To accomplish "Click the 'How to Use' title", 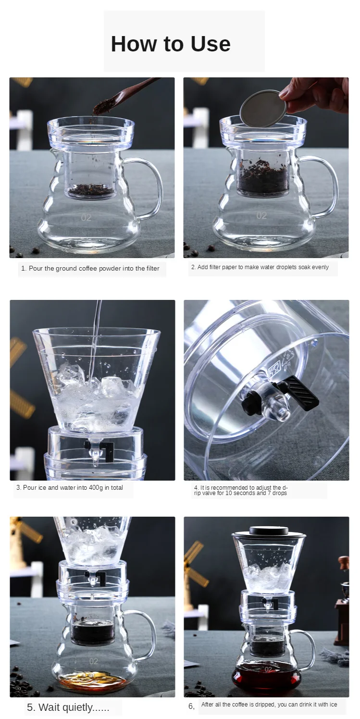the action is (171, 44).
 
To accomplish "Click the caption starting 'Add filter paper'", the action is (260, 267).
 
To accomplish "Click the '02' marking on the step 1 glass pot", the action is (86, 218).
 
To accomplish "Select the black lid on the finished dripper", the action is (269, 531).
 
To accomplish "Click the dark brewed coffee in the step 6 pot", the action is (267, 673).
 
